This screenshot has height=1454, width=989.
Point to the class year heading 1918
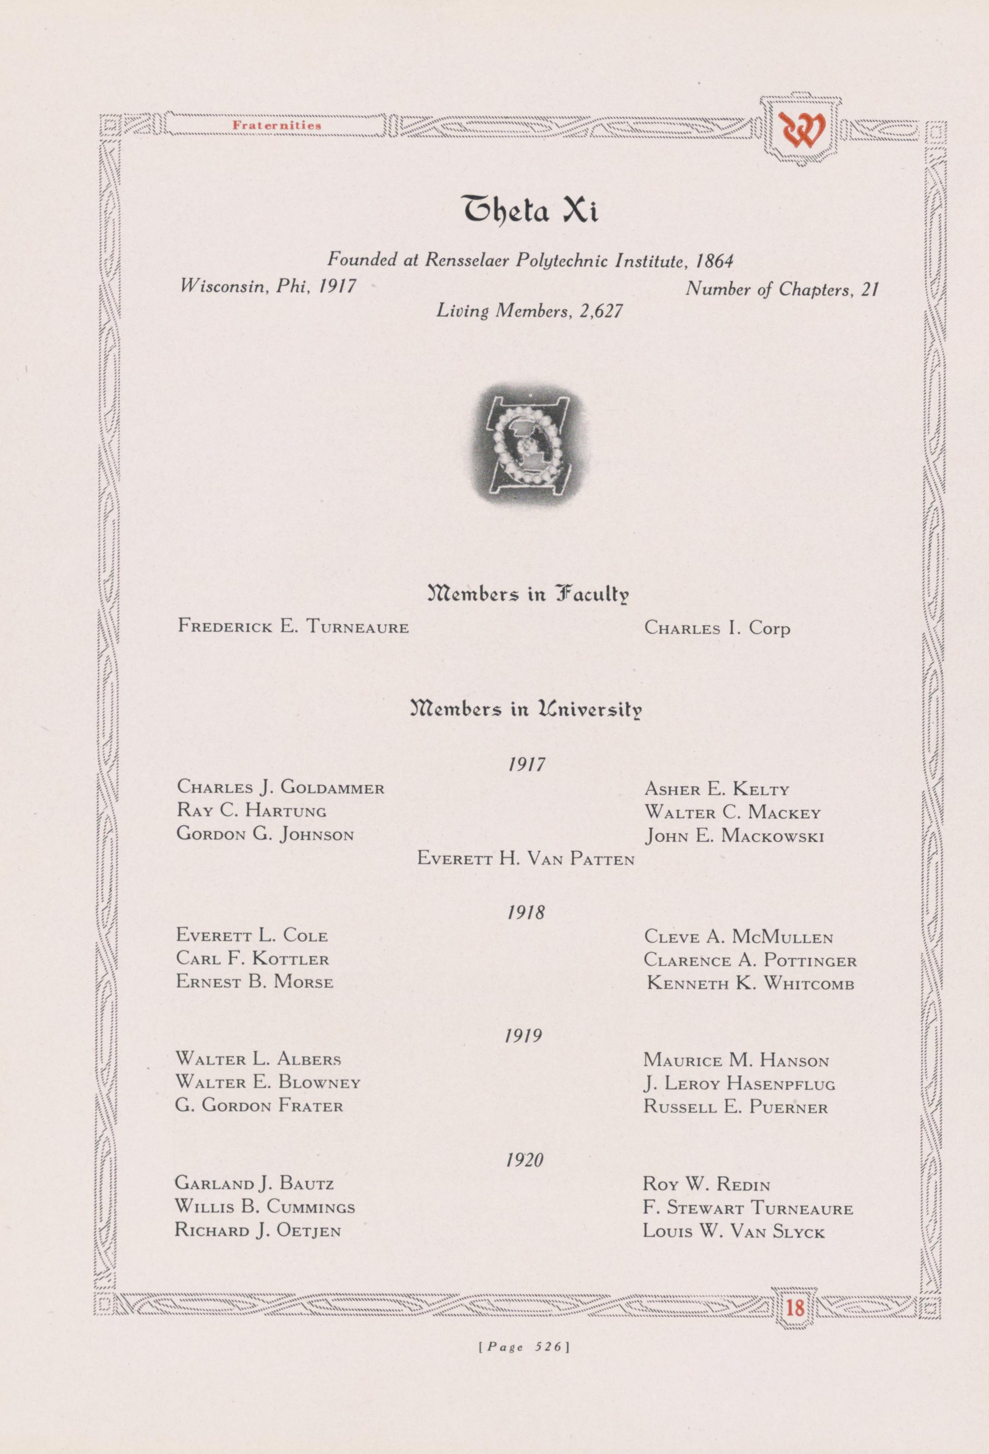tap(526, 912)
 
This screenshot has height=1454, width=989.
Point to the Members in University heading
tap(526, 711)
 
